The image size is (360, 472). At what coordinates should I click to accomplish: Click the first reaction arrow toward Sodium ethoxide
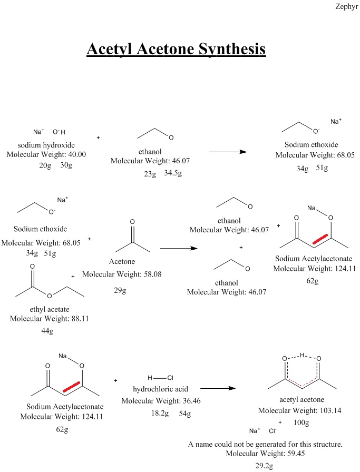point(228,152)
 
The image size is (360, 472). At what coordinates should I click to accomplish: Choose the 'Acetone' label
point(122,261)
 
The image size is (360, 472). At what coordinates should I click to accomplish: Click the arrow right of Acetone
point(178,248)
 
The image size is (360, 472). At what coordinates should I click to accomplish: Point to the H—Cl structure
point(160,378)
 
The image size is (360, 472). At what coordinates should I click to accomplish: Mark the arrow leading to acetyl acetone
point(217,388)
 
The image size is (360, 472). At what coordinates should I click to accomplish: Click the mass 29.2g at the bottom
point(266,466)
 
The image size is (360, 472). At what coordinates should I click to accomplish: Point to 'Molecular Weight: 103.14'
point(298,410)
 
